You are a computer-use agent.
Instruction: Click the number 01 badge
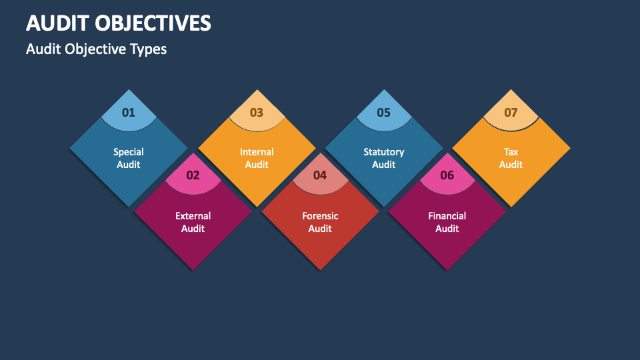coord(129,112)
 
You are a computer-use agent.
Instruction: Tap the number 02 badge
coord(193,175)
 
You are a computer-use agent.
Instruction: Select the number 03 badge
coord(257,112)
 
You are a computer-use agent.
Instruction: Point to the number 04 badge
coord(320,175)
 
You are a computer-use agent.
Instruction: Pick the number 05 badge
coord(384,112)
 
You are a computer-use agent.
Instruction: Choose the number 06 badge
coord(447,175)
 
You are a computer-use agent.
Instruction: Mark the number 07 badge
coord(511,112)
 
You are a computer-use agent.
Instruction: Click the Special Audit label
coord(129,158)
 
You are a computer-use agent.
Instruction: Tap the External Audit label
coord(193,222)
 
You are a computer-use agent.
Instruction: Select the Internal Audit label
coord(257,158)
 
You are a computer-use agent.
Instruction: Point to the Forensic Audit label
coord(320,222)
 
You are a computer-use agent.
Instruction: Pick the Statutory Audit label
coord(384,158)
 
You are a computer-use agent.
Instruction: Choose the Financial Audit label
coord(447,222)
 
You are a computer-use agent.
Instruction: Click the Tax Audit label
coord(511,158)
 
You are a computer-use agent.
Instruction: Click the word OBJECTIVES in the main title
coord(153,23)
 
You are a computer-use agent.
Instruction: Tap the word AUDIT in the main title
coord(56,23)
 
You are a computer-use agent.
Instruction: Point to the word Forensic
coord(320,216)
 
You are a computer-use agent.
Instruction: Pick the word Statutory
coord(384,152)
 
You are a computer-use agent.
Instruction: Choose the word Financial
coord(447,216)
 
